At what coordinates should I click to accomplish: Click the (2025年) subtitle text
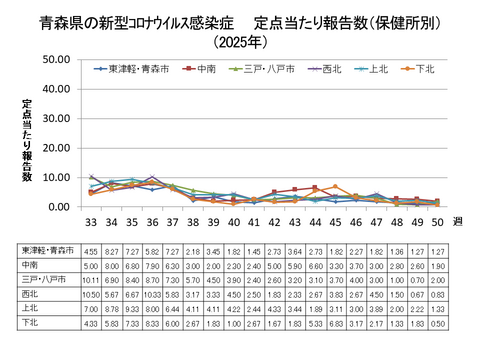[x=240, y=42]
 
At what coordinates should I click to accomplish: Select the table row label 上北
[x=43, y=310]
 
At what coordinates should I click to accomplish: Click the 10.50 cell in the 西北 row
[x=90, y=296]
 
